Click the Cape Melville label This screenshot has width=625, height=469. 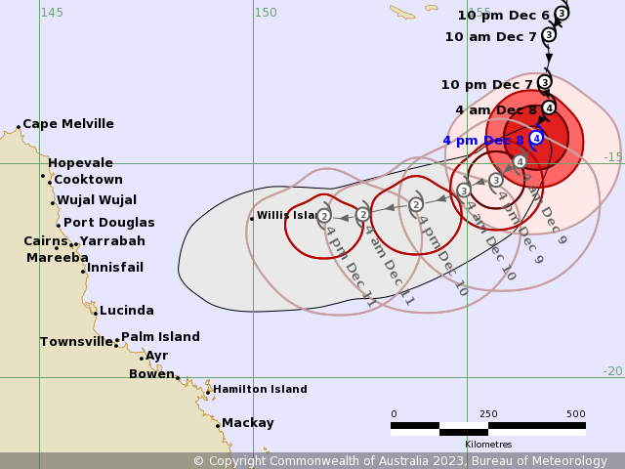click(x=67, y=124)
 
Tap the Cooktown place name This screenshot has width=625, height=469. click(x=88, y=180)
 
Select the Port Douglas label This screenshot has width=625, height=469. click(x=108, y=223)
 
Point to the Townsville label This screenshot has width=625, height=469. click(x=76, y=342)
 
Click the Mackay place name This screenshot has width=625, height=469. click(x=247, y=423)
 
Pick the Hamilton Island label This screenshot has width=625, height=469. click(x=260, y=389)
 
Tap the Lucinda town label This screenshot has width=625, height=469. click(x=126, y=311)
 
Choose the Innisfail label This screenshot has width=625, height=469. click(x=114, y=268)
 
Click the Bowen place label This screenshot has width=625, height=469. click(x=151, y=373)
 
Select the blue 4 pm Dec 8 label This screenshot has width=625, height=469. click(x=483, y=141)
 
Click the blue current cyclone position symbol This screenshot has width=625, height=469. click(x=536, y=138)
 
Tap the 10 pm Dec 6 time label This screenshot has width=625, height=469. click(x=503, y=16)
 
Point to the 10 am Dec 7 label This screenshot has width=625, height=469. click(x=490, y=37)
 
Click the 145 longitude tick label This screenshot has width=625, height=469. click(x=52, y=13)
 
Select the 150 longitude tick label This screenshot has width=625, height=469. click(x=266, y=13)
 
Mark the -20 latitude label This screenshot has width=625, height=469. click(x=611, y=371)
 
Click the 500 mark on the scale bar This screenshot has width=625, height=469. click(x=575, y=414)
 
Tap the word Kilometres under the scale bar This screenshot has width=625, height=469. click(x=488, y=445)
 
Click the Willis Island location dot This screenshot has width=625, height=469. click(x=251, y=218)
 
